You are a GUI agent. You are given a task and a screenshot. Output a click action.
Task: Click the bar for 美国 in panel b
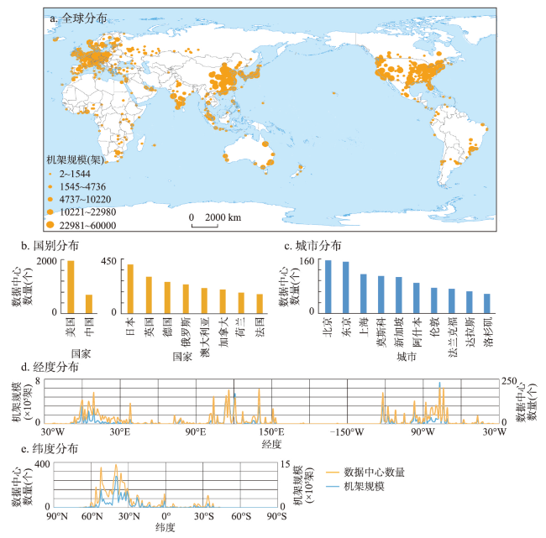click(71, 287)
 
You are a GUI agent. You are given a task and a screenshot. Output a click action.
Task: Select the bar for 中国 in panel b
click(89, 304)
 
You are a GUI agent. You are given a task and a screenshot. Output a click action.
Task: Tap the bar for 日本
click(129, 289)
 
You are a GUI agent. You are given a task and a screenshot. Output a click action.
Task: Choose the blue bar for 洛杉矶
click(486, 303)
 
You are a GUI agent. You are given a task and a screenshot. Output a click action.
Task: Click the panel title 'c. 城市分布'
click(313, 247)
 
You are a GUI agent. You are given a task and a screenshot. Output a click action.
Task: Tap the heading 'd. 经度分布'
click(57, 368)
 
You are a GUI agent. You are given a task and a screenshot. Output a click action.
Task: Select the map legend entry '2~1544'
click(76, 172)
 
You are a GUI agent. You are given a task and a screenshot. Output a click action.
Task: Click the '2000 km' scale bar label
click(221, 217)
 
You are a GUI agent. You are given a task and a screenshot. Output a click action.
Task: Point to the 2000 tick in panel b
click(46, 261)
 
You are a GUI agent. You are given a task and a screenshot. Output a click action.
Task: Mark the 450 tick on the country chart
click(110, 261)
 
